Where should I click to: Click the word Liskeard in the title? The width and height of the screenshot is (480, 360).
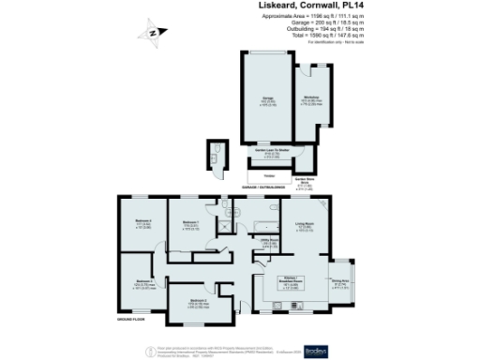click(x=281, y=6)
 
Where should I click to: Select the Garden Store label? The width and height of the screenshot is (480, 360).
click(x=304, y=182)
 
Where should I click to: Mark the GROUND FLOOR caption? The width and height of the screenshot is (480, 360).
click(x=130, y=321)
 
